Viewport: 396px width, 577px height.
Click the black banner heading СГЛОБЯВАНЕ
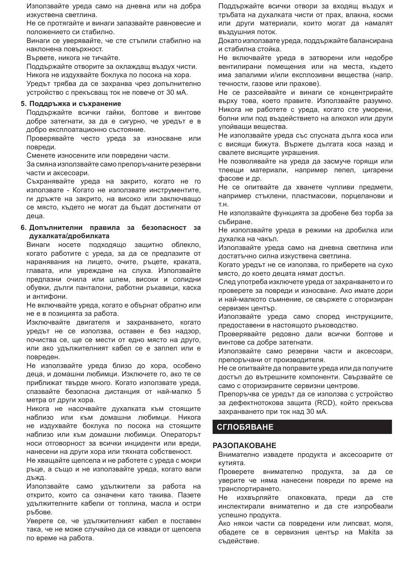(x=245, y=427)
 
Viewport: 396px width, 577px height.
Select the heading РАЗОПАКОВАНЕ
(x=244, y=445)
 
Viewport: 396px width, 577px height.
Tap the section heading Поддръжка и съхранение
(x=75, y=103)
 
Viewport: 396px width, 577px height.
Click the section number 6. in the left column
(x=24, y=227)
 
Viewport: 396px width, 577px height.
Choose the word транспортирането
(x=249, y=489)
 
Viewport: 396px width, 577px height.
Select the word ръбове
(x=40, y=512)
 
